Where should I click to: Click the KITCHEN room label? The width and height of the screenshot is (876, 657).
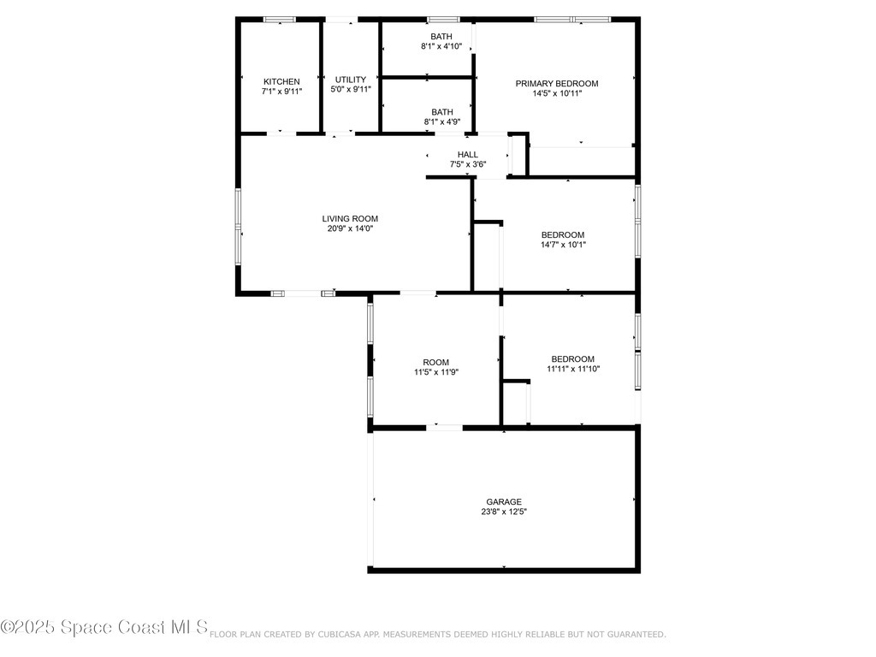pyautogui.click(x=281, y=81)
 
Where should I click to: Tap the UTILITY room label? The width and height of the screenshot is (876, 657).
pyautogui.click(x=351, y=80)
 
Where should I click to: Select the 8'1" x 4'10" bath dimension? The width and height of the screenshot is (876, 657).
pyautogui.click(x=441, y=46)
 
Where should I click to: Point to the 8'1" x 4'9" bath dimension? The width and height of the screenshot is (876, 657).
pyautogui.click(x=442, y=121)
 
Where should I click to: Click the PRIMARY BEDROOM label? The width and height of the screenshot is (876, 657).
pyautogui.click(x=556, y=83)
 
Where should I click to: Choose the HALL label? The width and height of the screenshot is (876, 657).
pyautogui.click(x=468, y=154)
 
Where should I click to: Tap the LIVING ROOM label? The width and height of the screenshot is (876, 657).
pyautogui.click(x=350, y=218)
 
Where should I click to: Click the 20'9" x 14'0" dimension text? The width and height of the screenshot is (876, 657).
pyautogui.click(x=350, y=228)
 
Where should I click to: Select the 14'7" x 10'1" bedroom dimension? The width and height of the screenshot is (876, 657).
pyautogui.click(x=563, y=245)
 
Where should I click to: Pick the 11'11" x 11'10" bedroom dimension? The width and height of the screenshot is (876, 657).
pyautogui.click(x=573, y=369)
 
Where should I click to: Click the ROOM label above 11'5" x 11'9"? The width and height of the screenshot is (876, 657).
pyautogui.click(x=435, y=362)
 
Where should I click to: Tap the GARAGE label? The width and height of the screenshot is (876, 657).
pyautogui.click(x=504, y=502)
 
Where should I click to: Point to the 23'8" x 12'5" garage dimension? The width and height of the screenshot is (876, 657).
pyautogui.click(x=504, y=512)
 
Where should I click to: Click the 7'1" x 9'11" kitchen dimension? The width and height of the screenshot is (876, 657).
pyautogui.click(x=281, y=90)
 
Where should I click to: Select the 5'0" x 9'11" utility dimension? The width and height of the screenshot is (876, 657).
pyautogui.click(x=351, y=89)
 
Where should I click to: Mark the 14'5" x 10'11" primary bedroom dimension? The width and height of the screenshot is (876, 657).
pyautogui.click(x=556, y=93)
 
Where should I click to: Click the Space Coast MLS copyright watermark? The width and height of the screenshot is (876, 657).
pyautogui.click(x=104, y=627)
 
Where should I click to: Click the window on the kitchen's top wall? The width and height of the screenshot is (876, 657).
pyautogui.click(x=279, y=19)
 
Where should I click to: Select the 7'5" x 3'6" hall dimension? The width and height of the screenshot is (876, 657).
pyautogui.click(x=468, y=163)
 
